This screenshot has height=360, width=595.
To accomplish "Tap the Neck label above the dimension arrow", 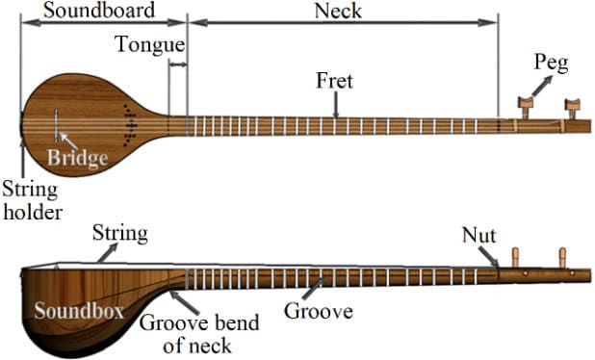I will pos(338,11).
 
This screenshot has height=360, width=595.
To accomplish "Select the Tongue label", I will pos(149,44).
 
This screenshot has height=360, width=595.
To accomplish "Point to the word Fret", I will pos(334,81).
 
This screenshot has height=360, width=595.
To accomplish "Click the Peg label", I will pos(552,64).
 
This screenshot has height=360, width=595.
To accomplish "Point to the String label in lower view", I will pos(119,233).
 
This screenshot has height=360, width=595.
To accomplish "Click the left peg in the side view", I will pos(517,257).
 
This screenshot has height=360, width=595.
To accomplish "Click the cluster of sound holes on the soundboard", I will pos(129,124).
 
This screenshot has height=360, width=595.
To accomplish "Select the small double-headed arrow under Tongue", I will pos(177,64).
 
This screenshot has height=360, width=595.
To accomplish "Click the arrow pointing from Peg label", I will pos(541,86).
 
